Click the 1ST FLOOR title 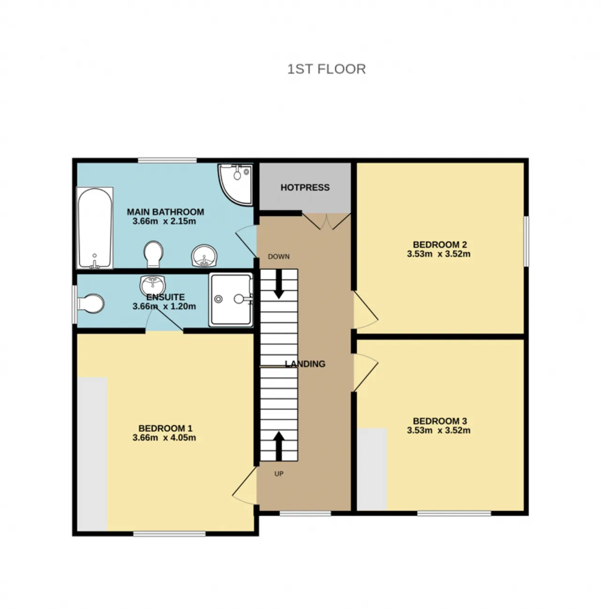tap(326, 69)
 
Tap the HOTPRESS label tap(305, 188)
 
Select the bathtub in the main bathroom tap(95, 228)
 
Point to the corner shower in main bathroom tap(235, 184)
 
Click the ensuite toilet tap(91, 303)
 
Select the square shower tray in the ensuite tap(231, 300)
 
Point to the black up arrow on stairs tap(279, 446)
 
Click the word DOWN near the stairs tap(279, 256)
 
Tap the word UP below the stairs tap(279, 474)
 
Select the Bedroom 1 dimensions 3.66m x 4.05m tap(164, 438)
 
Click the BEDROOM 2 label tap(439, 244)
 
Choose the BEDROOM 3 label tap(439, 421)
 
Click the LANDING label tap(305, 364)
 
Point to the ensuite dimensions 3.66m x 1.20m tap(164, 307)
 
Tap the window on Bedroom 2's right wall tap(526, 241)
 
